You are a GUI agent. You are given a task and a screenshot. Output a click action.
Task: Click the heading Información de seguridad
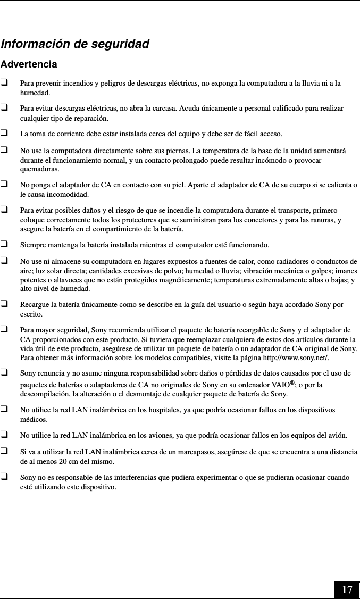click(x=75, y=44)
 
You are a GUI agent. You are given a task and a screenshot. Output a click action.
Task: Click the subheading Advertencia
click(x=29, y=65)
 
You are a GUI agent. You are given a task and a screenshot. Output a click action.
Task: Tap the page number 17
click(x=347, y=589)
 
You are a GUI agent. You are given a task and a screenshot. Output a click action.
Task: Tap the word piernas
click(x=177, y=151)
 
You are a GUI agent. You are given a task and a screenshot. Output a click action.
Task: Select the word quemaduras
click(x=39, y=170)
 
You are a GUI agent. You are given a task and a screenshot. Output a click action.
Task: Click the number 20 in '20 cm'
click(x=62, y=461)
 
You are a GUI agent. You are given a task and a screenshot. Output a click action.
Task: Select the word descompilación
click(x=46, y=394)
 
